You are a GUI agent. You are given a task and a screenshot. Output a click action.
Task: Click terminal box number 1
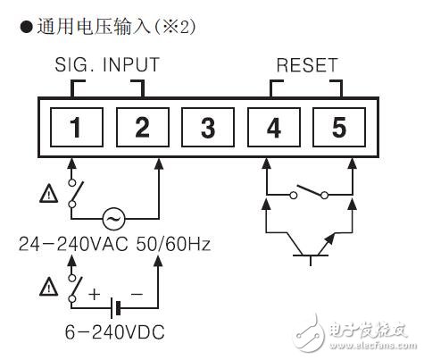pyautogui.click(x=76, y=127)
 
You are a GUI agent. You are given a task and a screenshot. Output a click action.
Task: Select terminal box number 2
pyautogui.click(x=142, y=127)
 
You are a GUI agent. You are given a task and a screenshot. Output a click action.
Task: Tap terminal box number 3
pyautogui.click(x=207, y=127)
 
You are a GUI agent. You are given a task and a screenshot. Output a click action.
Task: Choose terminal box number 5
pyautogui.click(x=337, y=127)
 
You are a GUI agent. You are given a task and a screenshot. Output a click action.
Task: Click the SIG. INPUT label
pyautogui.click(x=107, y=65)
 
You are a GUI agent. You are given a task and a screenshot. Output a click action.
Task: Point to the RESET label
pyautogui.click(x=307, y=65)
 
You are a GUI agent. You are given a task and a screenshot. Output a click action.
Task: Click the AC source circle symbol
pyautogui.click(x=113, y=217)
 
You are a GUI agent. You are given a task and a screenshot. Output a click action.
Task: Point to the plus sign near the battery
pyautogui.click(x=92, y=292)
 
